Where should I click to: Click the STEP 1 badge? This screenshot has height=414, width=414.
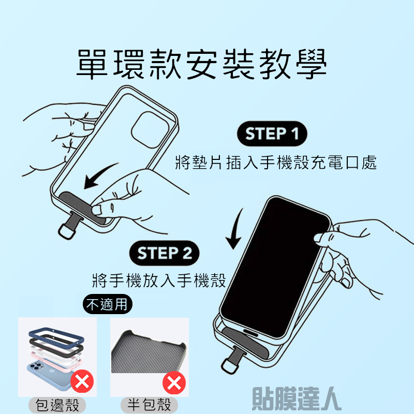tap(272, 134)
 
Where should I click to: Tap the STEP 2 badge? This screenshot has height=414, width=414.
tap(164, 253)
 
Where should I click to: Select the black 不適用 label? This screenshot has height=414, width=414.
tap(108, 304)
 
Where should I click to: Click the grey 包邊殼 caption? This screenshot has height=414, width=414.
tap(57, 405)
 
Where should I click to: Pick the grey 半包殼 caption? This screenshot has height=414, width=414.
tap(149, 405)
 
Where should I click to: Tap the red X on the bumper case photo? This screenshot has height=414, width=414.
tap(82, 381)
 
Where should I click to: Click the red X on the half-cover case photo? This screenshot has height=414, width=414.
tap(174, 383)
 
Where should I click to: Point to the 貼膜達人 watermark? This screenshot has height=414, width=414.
tap(296, 398)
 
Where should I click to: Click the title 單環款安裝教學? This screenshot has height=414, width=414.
tap(202, 64)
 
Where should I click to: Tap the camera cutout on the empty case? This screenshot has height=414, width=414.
tap(150, 130)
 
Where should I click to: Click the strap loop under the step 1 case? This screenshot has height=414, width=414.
tap(66, 231)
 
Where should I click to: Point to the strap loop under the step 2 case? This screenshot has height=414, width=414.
tap(229, 366)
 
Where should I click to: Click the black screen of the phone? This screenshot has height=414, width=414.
tap(275, 267)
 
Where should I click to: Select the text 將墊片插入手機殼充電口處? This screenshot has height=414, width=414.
tap(276, 162)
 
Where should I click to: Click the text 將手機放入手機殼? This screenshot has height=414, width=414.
tap(159, 280)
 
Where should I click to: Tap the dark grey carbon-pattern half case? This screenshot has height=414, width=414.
tap(149, 352)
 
